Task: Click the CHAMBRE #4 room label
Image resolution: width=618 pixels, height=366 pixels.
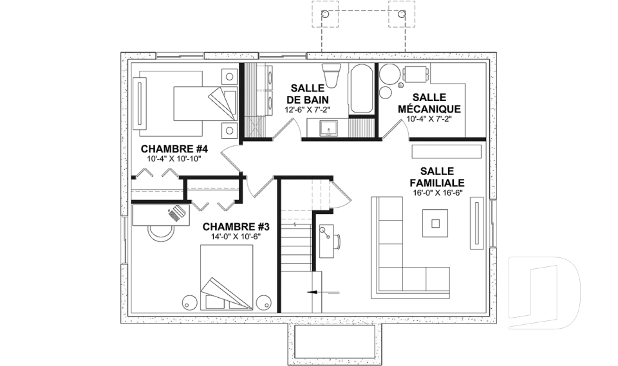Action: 174,149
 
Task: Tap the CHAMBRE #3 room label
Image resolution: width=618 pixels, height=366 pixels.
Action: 236,227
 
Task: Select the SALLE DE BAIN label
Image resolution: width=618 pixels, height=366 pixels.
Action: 308,94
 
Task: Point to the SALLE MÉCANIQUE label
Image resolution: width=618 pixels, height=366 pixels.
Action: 429,103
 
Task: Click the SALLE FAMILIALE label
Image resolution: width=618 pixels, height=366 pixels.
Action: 437,177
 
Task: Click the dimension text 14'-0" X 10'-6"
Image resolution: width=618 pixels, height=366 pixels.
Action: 236,237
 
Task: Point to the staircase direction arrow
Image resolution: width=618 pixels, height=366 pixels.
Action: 323,292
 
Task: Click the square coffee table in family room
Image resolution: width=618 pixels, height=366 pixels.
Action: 435,223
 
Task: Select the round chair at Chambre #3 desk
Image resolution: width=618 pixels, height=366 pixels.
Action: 161,232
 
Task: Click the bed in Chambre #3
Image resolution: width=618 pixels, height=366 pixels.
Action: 227,277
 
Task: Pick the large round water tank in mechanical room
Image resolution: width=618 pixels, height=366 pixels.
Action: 390,74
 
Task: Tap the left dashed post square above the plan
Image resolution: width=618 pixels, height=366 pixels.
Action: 325,14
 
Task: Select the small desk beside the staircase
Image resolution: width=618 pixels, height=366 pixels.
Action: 326,241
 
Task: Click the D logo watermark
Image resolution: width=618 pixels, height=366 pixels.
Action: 545,293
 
